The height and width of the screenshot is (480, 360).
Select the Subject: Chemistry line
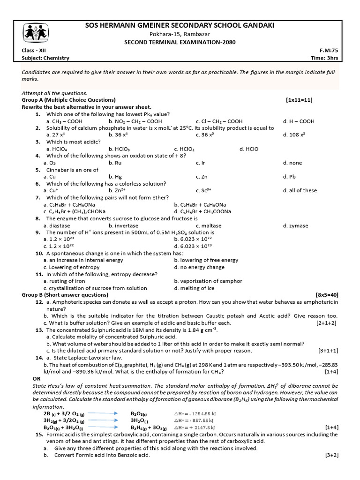coord(45,58)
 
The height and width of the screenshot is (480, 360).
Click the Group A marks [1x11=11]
coord(299,100)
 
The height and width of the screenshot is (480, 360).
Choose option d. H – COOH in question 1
coord(299,121)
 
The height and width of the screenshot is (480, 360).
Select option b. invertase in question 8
coord(123,225)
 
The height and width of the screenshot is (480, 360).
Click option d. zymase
coord(295,225)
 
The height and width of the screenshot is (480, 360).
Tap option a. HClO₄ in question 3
coord(57,149)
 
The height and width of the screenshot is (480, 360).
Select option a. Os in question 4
coord(49,163)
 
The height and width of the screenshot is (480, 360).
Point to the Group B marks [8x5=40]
coord(327,295)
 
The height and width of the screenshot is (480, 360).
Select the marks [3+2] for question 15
coord(331,455)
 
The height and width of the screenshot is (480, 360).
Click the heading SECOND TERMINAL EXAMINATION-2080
coord(180,42)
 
